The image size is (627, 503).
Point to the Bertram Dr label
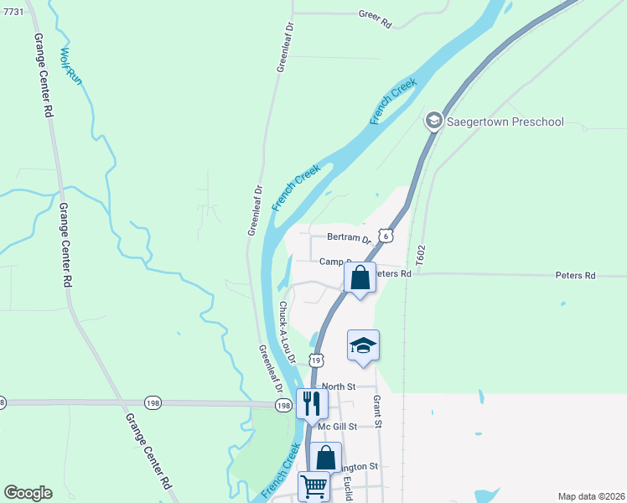[349, 238]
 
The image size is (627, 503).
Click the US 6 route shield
[385, 236]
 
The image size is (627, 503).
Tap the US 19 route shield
[315, 360]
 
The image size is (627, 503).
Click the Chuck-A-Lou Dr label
[288, 332]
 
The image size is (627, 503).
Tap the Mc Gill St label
[338, 426]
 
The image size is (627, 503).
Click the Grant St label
[377, 412]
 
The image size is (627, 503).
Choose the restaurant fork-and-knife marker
[311, 403]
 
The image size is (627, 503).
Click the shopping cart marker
[313, 485]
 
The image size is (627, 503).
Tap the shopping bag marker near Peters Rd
[360, 277]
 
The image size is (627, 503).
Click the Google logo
[28, 493]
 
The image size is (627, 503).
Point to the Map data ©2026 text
[591, 496]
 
